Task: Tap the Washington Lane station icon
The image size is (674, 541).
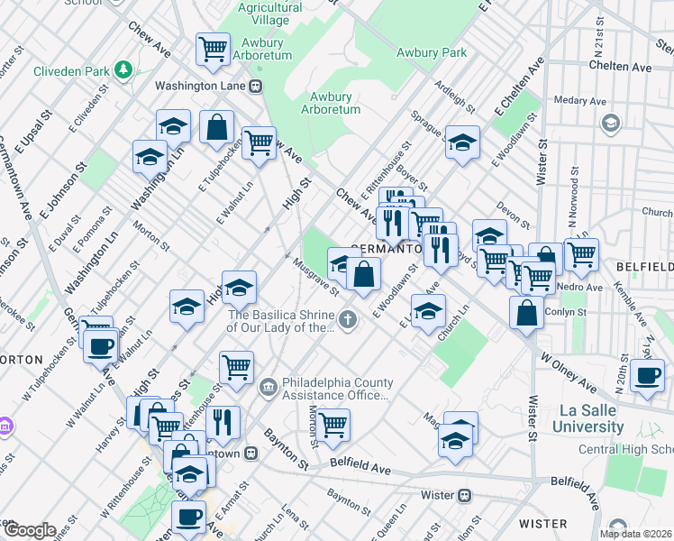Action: coord(256,87)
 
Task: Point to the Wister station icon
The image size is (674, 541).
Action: coord(464,495)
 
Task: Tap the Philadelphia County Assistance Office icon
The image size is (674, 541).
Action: coord(268,388)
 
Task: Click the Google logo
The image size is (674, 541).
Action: coord(29,530)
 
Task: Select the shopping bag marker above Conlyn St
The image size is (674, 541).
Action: coord(526,312)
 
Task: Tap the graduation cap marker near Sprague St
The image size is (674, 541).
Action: coord(462,142)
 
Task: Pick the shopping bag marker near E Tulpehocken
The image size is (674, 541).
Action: coord(217,127)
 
